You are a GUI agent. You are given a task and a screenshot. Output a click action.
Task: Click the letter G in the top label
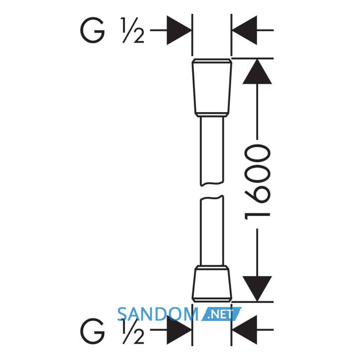[92, 30]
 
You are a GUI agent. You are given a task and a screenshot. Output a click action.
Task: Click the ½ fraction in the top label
[133, 30]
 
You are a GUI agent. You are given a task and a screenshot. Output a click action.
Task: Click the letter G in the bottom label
[92, 331]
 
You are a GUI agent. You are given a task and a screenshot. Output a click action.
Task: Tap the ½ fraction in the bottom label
[133, 331]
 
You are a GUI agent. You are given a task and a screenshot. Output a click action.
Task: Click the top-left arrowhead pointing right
[179, 30]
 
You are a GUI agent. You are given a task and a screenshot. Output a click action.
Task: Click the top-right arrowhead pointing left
[244, 30]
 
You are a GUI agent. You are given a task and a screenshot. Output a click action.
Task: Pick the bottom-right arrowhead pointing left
[244, 330]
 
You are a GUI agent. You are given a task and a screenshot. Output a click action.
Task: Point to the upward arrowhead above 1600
[257, 71]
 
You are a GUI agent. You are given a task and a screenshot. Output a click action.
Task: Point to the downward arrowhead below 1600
[257, 289]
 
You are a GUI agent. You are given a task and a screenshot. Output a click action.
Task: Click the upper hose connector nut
[212, 88]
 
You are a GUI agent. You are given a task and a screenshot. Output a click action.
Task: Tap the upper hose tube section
[212, 151]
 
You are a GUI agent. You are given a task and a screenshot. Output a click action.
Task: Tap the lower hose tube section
[212, 231]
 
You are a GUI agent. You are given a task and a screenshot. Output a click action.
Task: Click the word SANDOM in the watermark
[158, 314]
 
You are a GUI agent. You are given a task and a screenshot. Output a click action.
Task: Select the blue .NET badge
[221, 314]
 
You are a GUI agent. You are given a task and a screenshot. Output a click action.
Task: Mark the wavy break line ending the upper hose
[212, 184]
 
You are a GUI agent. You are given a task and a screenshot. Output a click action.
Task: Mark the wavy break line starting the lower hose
[212, 197]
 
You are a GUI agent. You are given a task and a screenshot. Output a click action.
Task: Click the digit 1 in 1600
[257, 216]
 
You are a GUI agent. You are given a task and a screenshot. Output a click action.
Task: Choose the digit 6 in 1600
[257, 195]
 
